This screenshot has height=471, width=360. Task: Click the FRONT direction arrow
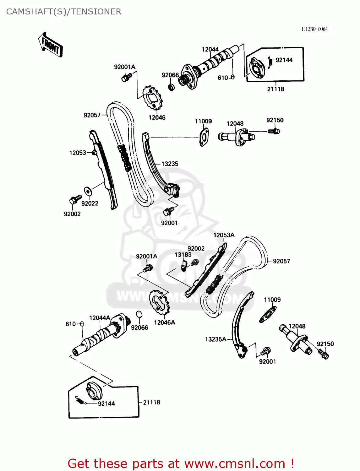(x=51, y=45)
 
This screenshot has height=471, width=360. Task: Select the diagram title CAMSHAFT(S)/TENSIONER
(x=63, y=12)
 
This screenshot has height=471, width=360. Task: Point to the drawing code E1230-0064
(x=314, y=29)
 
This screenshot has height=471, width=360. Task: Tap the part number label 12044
(x=210, y=49)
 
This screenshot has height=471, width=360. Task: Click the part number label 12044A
(x=100, y=318)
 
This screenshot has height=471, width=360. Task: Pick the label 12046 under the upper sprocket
(x=157, y=117)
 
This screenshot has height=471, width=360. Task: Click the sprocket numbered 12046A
(x=159, y=303)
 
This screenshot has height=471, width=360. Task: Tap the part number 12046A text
(x=164, y=322)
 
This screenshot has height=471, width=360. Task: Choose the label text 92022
(x=90, y=203)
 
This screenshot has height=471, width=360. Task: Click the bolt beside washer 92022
(x=75, y=199)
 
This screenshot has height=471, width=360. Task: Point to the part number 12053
(x=78, y=153)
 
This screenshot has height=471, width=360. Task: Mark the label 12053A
(x=224, y=235)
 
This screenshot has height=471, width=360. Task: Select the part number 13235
(x=170, y=164)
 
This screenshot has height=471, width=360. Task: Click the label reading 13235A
(x=215, y=339)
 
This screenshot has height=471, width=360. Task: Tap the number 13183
(x=183, y=255)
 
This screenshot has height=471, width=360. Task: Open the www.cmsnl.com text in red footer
(x=235, y=463)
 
